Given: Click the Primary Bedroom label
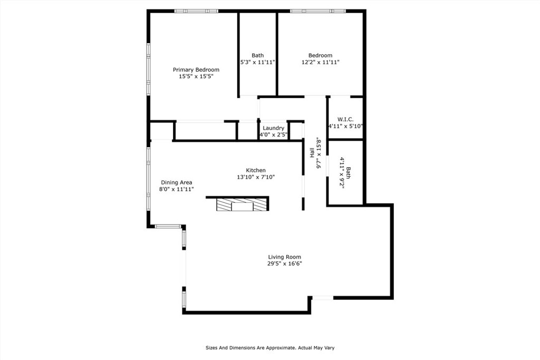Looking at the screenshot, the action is click(196, 70).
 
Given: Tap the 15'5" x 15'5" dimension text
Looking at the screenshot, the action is click(196, 76).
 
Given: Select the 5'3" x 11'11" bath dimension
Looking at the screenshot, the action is click(257, 62).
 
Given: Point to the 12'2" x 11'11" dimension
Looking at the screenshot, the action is click(320, 62).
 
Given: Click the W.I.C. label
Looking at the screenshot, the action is click(345, 120).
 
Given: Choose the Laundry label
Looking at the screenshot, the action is click(274, 128).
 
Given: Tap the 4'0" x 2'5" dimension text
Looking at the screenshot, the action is click(274, 134).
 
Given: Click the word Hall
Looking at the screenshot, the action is click(312, 152).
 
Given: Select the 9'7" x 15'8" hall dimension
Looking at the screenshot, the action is click(319, 153).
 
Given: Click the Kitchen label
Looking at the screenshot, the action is click(256, 170).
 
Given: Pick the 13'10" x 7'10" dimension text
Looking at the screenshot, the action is click(256, 177).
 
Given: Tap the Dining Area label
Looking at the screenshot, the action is click(176, 182).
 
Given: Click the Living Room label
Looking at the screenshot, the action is click(284, 257).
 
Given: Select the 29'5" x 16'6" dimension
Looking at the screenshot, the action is click(284, 264).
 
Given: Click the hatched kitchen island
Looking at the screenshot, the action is click(242, 205).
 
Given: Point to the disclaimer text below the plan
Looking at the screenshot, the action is click(270, 347).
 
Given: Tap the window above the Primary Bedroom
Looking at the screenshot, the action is click(196, 11).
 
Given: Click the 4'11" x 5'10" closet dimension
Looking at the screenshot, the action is click(345, 126).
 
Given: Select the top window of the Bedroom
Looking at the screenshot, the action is click(318, 11).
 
